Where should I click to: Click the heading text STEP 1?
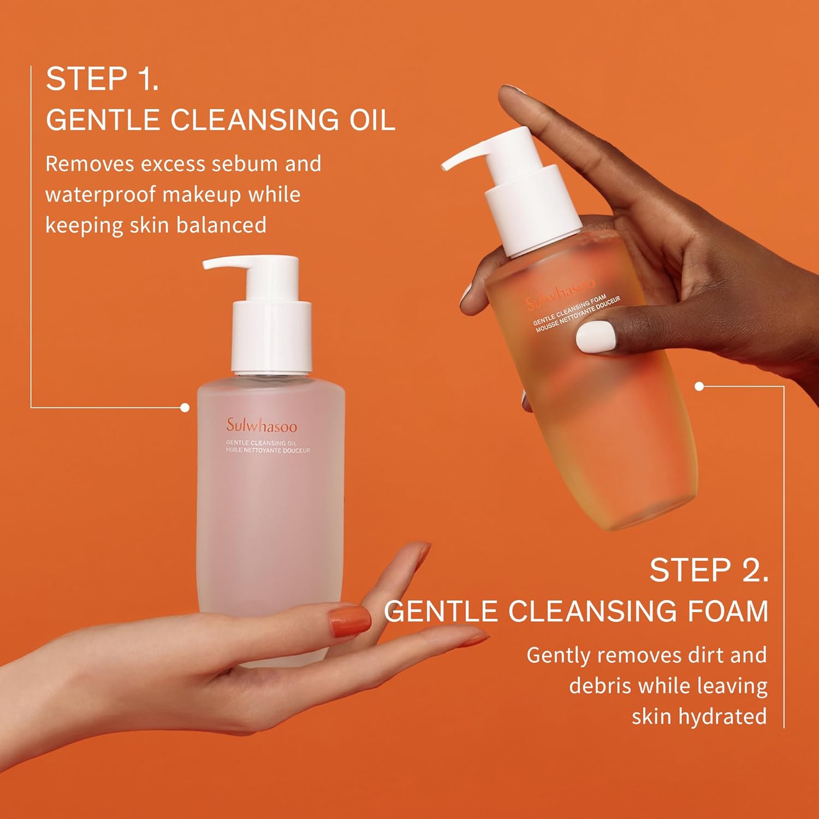pyautogui.click(x=102, y=79)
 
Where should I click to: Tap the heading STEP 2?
pyautogui.click(x=709, y=571)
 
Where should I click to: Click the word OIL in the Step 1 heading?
pyautogui.click(x=372, y=120)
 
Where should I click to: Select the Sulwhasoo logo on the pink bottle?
pyautogui.click(x=262, y=425)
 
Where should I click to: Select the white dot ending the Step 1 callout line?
pyautogui.click(x=185, y=407)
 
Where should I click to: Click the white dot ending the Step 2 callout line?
pyautogui.click(x=699, y=387)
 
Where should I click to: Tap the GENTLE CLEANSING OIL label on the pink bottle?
pyautogui.click(x=261, y=443)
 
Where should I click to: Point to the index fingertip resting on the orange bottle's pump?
pyautogui.click(x=511, y=94)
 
